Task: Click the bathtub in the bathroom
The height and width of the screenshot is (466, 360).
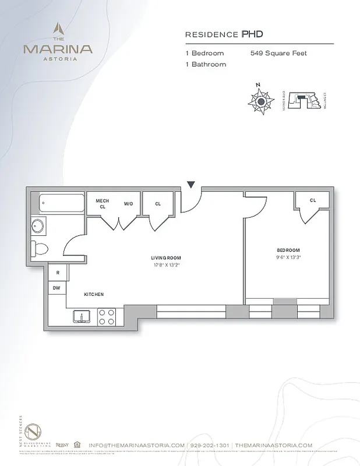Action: (61, 204)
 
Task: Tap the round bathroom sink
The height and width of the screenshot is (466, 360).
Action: (39, 226)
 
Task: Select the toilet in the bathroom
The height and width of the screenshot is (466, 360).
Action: (40, 248)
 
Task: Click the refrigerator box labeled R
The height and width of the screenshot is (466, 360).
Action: (58, 272)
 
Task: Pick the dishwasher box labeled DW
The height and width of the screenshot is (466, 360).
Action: (57, 287)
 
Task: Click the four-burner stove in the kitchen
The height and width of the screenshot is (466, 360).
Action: (107, 316)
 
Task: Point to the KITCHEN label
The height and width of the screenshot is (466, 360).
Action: (93, 295)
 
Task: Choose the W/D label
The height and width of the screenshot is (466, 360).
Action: (128, 204)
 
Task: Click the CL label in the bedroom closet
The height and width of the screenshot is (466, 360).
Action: (312, 200)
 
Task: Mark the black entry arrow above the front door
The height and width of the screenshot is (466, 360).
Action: (190, 185)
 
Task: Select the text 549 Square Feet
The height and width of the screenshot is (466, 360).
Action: (278, 54)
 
